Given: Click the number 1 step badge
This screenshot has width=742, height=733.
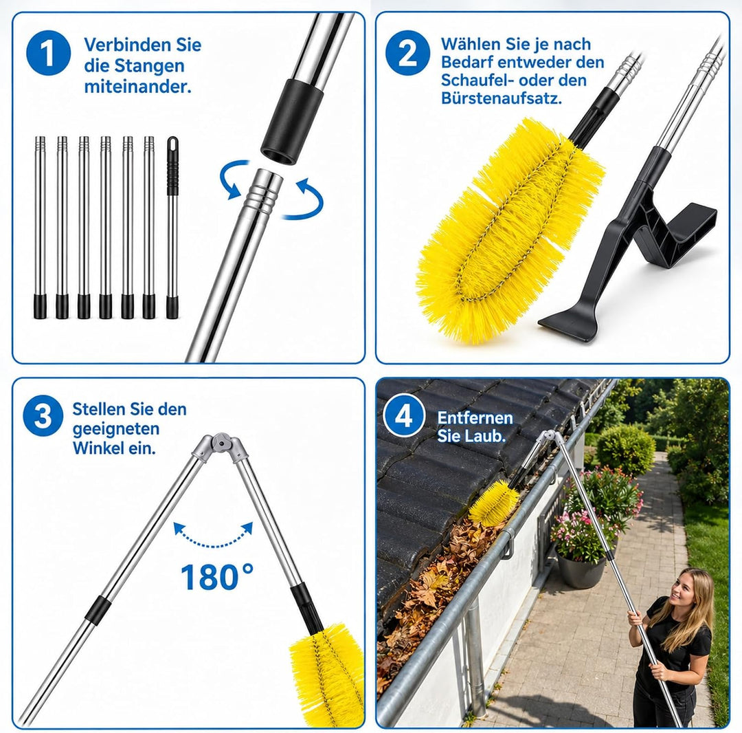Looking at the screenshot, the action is pyautogui.click(x=48, y=52).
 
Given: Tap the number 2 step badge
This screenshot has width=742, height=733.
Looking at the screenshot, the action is pyautogui.click(x=407, y=52).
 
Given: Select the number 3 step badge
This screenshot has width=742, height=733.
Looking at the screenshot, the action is pyautogui.click(x=43, y=416).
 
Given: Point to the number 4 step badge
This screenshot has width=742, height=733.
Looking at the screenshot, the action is pyautogui.click(x=403, y=417).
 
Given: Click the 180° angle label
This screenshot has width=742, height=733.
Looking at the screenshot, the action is pyautogui.click(x=216, y=576).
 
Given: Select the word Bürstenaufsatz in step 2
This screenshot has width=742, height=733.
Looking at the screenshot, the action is pyautogui.click(x=501, y=98).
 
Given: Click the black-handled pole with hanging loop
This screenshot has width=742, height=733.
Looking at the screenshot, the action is pyautogui.click(x=172, y=228).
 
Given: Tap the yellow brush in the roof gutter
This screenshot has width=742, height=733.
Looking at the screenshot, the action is pyautogui.click(x=493, y=503).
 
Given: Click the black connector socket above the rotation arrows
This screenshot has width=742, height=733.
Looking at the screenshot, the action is pyautogui.click(x=293, y=122).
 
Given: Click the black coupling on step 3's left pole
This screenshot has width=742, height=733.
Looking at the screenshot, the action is pyautogui.click(x=98, y=609).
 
